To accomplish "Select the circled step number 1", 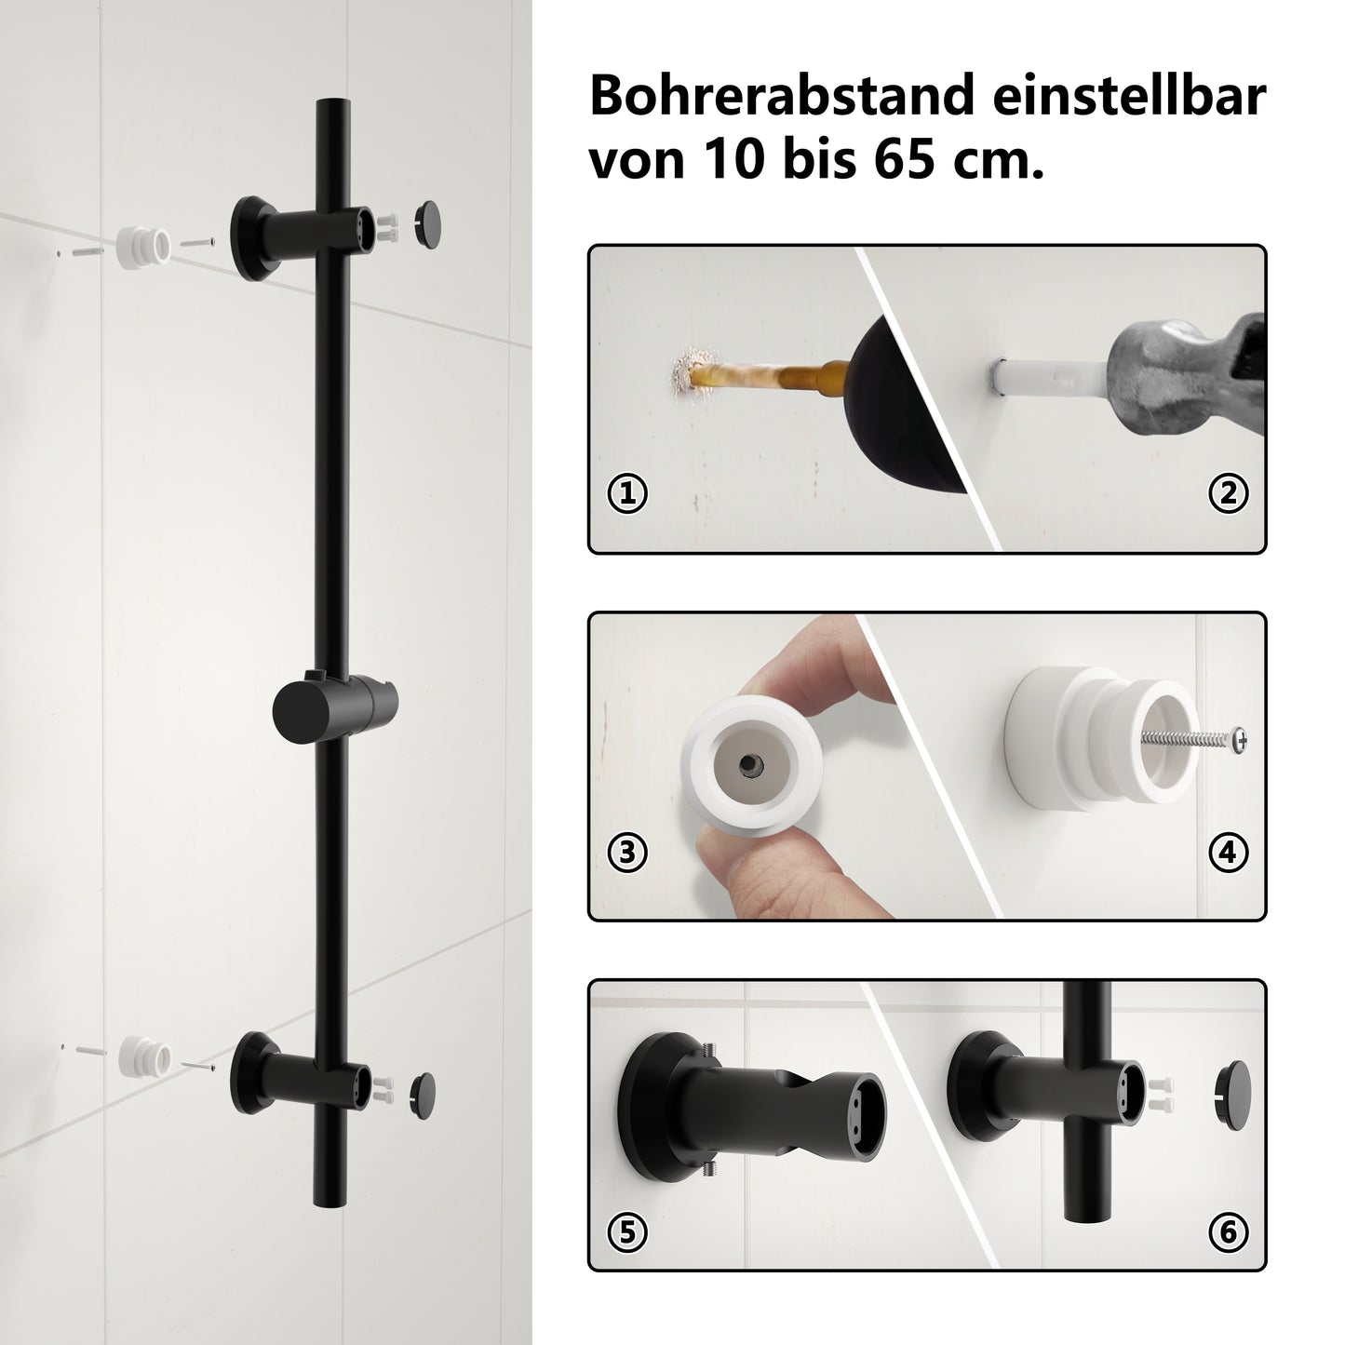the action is click(x=627, y=493).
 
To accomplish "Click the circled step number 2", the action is click(x=1228, y=493).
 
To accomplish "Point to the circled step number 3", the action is click(x=627, y=853).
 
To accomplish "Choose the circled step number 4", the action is click(x=1228, y=853).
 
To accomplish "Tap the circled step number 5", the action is click(x=627, y=1232).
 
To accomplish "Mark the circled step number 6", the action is click(x=1228, y=1232).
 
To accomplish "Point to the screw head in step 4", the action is click(x=1239, y=737).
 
